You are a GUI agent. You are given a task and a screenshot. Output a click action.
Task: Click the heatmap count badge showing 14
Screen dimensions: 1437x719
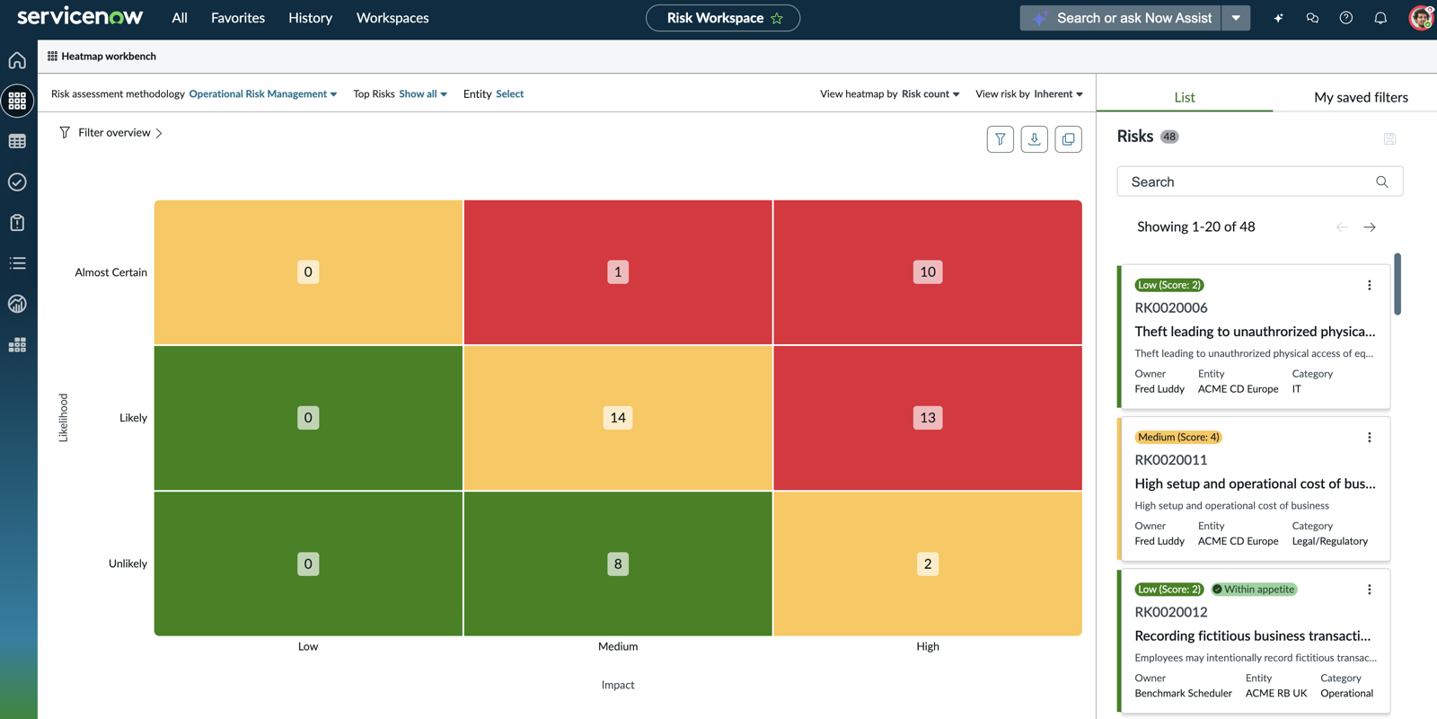click(618, 418)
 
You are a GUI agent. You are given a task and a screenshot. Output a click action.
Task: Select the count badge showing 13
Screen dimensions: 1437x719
click(928, 418)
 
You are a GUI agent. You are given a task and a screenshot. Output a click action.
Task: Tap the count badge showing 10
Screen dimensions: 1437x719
click(928, 271)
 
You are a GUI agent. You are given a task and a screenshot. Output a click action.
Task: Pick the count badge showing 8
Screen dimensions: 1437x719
click(618, 564)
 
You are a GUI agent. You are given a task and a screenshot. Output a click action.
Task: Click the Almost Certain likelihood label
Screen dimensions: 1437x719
click(111, 272)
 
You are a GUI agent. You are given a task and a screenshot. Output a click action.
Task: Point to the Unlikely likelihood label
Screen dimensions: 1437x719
click(128, 564)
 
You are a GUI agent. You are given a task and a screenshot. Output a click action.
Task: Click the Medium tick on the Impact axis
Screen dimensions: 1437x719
click(618, 646)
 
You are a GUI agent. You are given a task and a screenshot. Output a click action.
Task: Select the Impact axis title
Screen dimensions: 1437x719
click(618, 685)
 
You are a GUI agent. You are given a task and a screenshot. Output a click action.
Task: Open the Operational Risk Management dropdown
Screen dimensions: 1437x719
click(263, 93)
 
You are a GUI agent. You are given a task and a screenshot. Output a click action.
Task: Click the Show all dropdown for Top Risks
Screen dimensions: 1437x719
click(423, 93)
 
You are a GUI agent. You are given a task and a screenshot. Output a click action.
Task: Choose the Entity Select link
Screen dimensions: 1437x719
click(509, 93)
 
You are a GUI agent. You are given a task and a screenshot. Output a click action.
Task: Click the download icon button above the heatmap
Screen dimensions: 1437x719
click(1034, 139)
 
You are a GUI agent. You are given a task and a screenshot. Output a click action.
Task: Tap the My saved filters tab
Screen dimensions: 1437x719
click(1361, 97)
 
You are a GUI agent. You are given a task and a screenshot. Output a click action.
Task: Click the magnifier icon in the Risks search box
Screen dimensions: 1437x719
click(1382, 182)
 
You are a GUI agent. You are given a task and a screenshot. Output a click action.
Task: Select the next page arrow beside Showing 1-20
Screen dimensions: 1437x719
click(1370, 227)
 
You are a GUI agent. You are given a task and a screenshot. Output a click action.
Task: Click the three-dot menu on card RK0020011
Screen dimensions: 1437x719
click(1369, 437)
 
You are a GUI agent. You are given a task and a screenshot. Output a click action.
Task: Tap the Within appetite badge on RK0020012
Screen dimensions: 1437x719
click(1254, 590)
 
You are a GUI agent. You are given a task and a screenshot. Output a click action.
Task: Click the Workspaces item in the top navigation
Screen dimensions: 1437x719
click(392, 18)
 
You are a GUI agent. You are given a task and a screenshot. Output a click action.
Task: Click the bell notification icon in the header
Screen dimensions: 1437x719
click(1380, 18)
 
